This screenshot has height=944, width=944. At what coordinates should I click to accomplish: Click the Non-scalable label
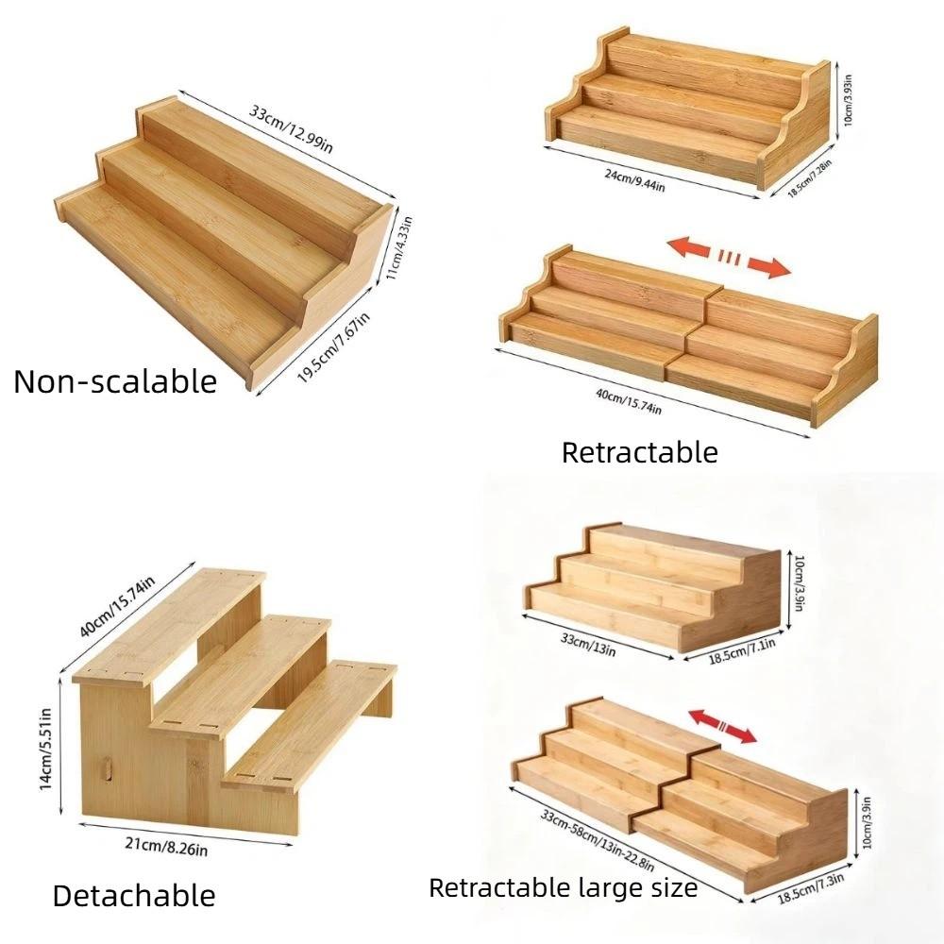(115, 381)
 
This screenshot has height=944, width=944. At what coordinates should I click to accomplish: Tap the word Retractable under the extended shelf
(639, 452)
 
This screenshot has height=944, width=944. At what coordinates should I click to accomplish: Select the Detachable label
(133, 895)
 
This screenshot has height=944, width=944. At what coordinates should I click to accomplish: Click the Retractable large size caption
(563, 887)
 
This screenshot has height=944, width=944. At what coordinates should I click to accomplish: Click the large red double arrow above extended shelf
(728, 258)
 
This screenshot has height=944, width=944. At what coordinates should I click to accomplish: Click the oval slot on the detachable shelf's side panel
(109, 765)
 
